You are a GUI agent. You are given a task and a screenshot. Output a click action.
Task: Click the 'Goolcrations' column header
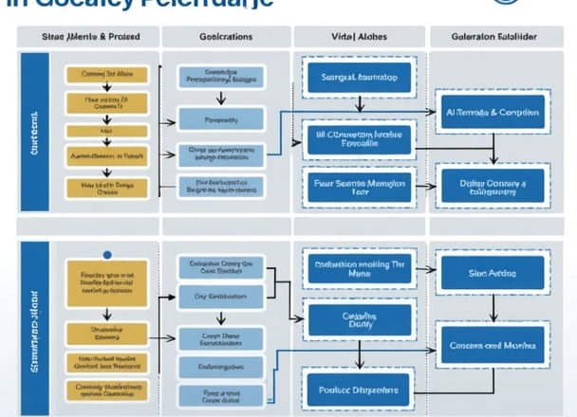[x=227, y=37]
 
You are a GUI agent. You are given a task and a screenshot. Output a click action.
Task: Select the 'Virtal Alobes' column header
[x=357, y=37]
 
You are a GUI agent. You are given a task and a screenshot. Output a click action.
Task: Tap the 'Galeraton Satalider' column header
[x=493, y=37]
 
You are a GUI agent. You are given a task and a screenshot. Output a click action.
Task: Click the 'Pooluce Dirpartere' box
[x=357, y=387]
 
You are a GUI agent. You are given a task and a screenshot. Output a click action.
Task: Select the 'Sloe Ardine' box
[x=492, y=273]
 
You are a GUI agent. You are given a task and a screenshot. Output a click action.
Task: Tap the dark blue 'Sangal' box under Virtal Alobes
[x=358, y=78]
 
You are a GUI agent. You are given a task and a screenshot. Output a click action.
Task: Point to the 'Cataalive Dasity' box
[x=358, y=321]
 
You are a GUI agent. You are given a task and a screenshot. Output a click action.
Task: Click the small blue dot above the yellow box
[x=107, y=254]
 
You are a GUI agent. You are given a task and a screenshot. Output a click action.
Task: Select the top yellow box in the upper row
[x=105, y=74]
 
